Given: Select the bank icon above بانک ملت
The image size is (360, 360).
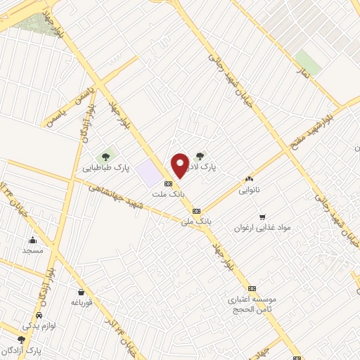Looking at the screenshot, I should (x=167, y=183).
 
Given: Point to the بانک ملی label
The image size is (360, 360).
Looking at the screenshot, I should (x=196, y=221).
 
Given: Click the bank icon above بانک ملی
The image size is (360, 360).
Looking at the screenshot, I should (x=196, y=211).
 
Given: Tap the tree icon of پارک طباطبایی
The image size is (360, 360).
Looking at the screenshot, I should (x=105, y=156).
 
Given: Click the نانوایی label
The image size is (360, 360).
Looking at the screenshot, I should (x=249, y=190).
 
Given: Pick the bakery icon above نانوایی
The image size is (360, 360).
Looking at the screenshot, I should (x=249, y=179).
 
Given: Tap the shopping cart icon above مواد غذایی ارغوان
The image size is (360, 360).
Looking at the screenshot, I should (x=263, y=217).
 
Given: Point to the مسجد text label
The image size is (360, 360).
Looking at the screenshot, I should (x=32, y=250).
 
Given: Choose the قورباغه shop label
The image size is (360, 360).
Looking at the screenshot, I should (x=82, y=302).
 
